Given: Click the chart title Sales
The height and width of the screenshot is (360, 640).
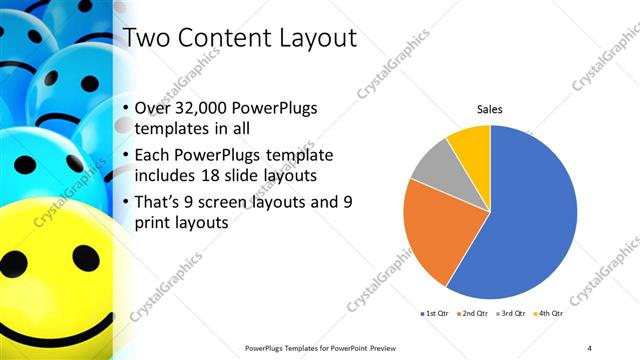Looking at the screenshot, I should click(x=489, y=109).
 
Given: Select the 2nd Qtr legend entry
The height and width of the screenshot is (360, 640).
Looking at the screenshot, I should click(x=473, y=314).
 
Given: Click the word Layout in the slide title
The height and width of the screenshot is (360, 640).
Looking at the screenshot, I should click(x=305, y=39).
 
